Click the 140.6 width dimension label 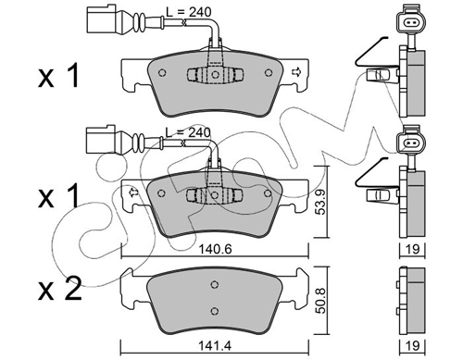[x=216, y=249]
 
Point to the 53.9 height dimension [x=321, y=202]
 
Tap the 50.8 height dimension [x=321, y=301]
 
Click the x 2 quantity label [x=59, y=289]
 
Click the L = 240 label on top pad [x=189, y=12]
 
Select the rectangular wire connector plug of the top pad [x=102, y=19]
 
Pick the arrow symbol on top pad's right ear [x=295, y=72]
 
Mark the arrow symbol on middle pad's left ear [x=133, y=192]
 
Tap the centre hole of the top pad [x=215, y=74]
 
